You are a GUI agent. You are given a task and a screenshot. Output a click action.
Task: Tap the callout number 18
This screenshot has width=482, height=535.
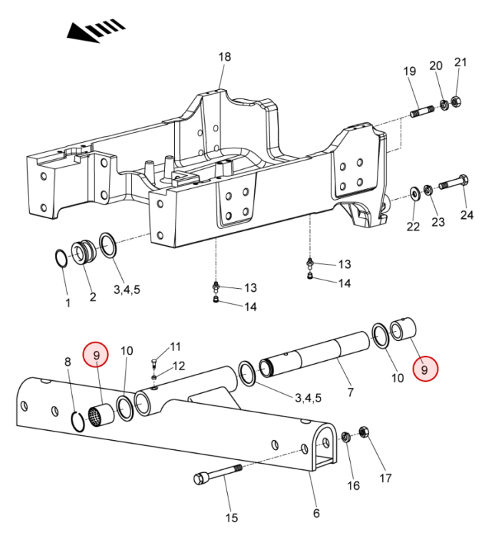(224, 56)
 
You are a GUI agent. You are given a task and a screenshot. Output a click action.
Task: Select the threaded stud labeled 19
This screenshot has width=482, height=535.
(422, 111)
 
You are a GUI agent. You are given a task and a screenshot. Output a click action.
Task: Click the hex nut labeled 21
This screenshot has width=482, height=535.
(456, 101)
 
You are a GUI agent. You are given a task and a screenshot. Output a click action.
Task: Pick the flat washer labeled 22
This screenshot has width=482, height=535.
(415, 194)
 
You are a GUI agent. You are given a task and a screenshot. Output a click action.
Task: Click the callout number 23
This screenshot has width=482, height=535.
(438, 222)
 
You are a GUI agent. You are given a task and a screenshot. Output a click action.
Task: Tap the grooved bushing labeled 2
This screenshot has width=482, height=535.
(84, 253)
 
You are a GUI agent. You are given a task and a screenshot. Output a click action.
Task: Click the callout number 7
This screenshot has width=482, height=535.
(350, 392)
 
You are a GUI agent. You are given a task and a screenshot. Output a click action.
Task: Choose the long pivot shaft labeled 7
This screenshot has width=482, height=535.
(315, 354)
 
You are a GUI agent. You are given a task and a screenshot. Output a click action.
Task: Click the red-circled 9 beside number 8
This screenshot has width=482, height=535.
(96, 355)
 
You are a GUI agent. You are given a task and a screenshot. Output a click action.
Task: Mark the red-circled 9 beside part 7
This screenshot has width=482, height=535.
(425, 370)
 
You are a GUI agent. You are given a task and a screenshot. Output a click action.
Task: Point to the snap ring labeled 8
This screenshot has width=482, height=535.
(78, 422)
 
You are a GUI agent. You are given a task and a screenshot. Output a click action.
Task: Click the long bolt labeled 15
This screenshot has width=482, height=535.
(218, 474)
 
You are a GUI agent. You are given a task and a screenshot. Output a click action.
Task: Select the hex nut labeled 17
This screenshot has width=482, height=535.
(363, 432)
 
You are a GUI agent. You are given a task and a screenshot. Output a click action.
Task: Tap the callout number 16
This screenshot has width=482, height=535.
(353, 485)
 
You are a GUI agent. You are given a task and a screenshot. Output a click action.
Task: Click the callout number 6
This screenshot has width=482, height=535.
(316, 513)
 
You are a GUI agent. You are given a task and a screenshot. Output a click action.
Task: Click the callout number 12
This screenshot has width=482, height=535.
(179, 366)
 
